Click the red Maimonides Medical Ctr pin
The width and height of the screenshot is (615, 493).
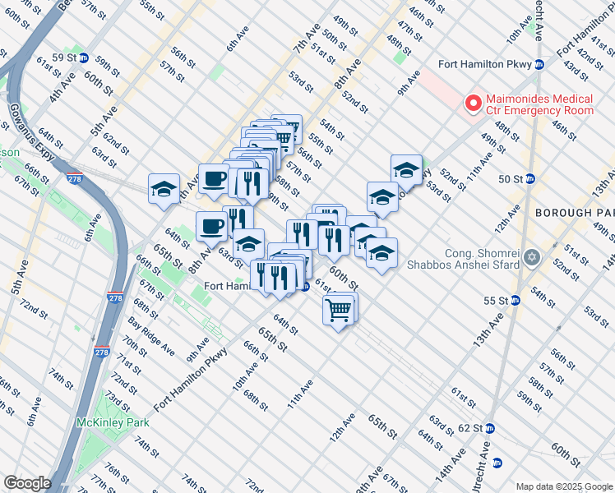click(x=472, y=104)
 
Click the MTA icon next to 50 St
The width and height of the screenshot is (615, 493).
click(x=530, y=178)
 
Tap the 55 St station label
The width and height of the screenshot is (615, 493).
click(x=495, y=301)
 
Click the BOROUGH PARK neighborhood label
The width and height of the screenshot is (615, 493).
click(x=574, y=212)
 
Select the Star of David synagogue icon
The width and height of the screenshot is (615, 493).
click(x=532, y=258)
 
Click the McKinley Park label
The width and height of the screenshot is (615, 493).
click(x=105, y=422)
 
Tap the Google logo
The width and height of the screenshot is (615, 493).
click(x=26, y=483)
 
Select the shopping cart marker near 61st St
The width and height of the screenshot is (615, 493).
click(x=339, y=311)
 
